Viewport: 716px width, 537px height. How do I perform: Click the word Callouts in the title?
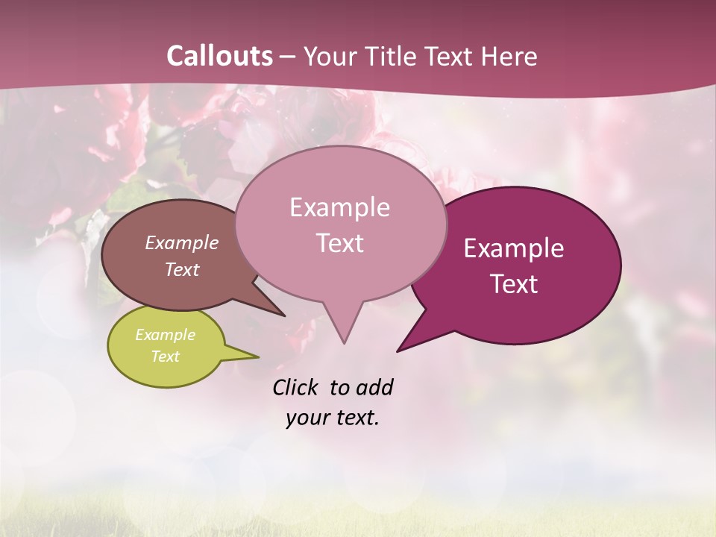coord(219,56)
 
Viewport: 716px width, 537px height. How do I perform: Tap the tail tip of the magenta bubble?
coord(399,350)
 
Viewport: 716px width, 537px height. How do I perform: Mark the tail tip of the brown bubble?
coord(283,315)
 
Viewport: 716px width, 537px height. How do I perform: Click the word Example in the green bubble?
coord(165,335)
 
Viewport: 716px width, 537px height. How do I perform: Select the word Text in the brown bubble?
coord(182,270)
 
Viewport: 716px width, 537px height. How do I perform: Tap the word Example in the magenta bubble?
coord(514,248)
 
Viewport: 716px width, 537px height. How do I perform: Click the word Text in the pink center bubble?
coord(340,243)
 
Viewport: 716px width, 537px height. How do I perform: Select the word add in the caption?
coord(374,387)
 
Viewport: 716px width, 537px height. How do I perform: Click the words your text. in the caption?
coord(332,418)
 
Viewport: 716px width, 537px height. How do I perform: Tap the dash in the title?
coord(289,57)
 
